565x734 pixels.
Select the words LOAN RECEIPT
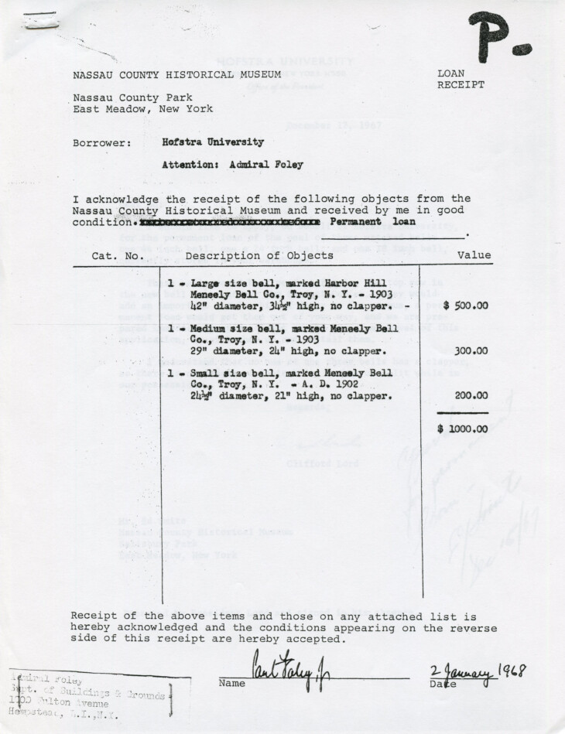point(461,79)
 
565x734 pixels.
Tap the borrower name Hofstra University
point(213,142)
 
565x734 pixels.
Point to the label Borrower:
point(102,143)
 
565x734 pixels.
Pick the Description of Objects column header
point(259,255)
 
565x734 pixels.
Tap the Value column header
point(474,255)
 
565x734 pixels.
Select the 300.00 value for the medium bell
point(470,350)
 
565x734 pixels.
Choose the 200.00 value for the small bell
point(470,395)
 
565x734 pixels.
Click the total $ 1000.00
point(462,428)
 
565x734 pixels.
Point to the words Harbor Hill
point(347,284)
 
